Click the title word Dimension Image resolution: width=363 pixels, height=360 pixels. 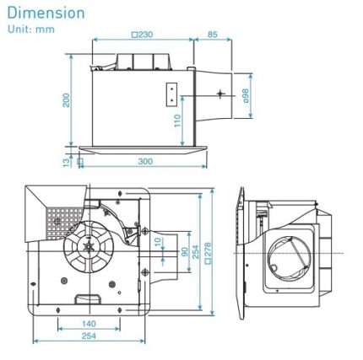[46, 13]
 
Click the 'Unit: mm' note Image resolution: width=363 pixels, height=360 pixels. [30, 29]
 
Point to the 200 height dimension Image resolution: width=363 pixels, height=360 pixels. [67, 100]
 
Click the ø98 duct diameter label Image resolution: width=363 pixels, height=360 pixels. [246, 94]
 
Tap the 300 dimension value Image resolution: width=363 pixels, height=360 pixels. [144, 161]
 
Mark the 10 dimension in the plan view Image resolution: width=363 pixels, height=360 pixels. [157, 243]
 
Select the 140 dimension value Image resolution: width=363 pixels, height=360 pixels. [89, 323]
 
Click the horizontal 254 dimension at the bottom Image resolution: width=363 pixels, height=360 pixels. [89, 336]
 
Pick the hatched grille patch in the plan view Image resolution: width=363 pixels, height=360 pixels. [60, 221]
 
